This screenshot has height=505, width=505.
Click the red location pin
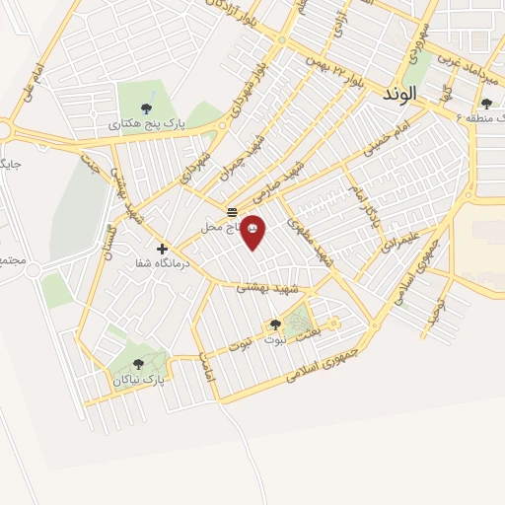[x=253, y=231]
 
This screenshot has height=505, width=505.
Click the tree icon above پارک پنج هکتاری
[x=147, y=108]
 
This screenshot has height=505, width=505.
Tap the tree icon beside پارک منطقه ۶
[x=486, y=105]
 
